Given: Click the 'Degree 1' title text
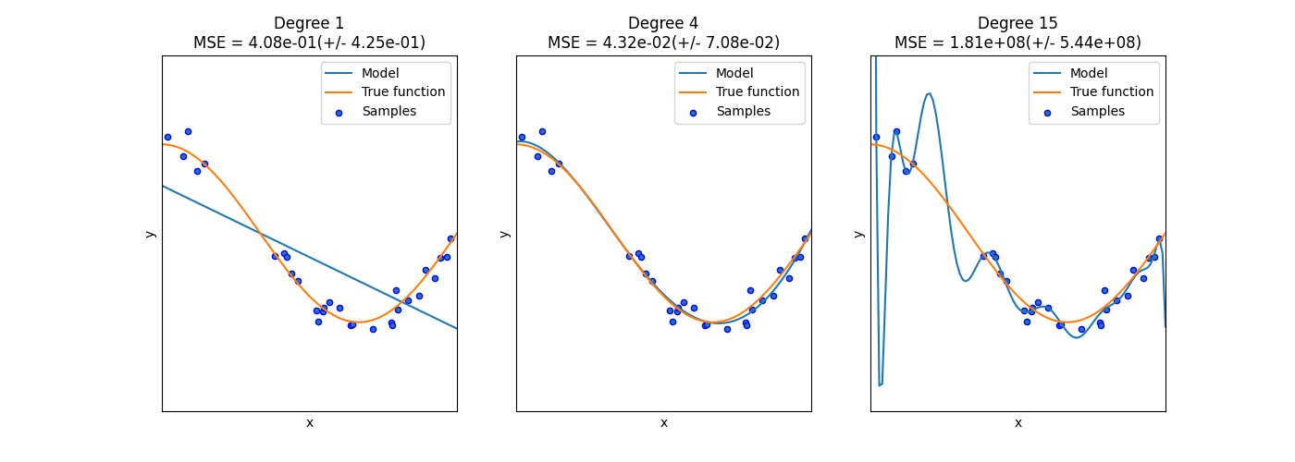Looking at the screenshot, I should [309, 24].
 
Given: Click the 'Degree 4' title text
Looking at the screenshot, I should [663, 24].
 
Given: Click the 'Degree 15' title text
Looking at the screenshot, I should [1017, 24].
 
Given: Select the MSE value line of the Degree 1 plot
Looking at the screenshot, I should [309, 43].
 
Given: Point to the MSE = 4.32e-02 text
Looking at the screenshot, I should [663, 43].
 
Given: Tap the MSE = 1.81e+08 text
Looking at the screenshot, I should [1017, 43].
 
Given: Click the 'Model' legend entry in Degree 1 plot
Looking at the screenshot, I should [380, 73].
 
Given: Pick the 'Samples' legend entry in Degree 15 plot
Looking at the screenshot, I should [1097, 112].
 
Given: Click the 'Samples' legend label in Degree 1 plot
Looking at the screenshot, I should [388, 112].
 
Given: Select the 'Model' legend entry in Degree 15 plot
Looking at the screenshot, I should [1089, 73].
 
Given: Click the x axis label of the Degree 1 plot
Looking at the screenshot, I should [309, 423].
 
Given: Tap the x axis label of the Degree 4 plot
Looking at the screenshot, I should [663, 423].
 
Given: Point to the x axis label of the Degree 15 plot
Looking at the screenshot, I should [1017, 423].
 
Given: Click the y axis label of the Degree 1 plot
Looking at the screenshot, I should [150, 234].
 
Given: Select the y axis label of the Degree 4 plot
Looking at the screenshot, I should [504, 234].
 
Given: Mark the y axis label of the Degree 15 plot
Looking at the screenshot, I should [858, 234].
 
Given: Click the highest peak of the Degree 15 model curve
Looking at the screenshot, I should [929, 93].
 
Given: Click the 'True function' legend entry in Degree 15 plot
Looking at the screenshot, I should [1111, 92].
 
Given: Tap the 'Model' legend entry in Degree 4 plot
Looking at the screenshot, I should [734, 73].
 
